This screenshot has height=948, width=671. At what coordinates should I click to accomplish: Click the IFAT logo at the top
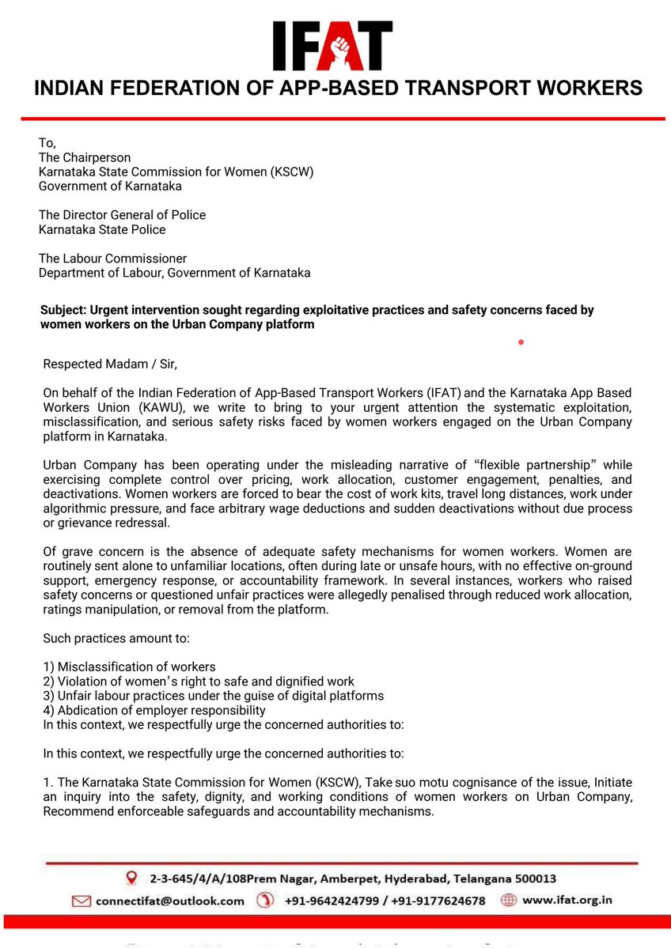pyautogui.click(x=332, y=47)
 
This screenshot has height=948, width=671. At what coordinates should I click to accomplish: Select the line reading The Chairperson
pyautogui.click(x=85, y=157)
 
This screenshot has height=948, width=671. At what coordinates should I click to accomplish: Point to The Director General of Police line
pyautogui.click(x=122, y=215)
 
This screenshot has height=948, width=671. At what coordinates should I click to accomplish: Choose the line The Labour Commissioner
pyautogui.click(x=112, y=259)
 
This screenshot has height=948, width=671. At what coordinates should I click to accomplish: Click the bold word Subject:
pyautogui.click(x=63, y=311)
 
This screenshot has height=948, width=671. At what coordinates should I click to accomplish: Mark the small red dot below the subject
pyautogui.click(x=521, y=342)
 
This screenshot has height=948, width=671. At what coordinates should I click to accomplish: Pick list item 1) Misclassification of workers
pyautogui.click(x=129, y=667)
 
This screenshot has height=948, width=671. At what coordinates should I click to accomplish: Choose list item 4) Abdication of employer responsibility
pyautogui.click(x=154, y=710)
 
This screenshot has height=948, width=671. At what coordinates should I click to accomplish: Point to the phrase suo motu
pyautogui.click(x=419, y=782)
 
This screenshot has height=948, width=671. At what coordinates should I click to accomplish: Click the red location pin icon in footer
pyautogui.click(x=132, y=878)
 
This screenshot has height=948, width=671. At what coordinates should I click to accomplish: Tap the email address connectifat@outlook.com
pyautogui.click(x=169, y=901)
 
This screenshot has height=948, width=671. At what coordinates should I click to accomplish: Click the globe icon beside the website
pyautogui.click(x=509, y=900)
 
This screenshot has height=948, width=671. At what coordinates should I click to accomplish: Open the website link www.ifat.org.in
pyautogui.click(x=567, y=900)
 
